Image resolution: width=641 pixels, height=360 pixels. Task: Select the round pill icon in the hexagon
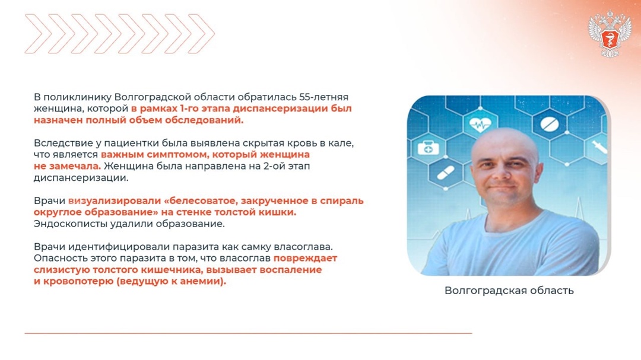(x=546, y=125)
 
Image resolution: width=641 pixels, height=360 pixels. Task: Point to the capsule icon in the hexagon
(x=445, y=173)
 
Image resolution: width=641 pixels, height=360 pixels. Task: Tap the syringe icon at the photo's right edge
(x=598, y=146)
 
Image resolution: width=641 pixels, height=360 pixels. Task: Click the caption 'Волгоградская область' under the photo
(x=509, y=291)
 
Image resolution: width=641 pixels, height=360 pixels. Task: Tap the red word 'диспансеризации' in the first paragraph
(x=278, y=109)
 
